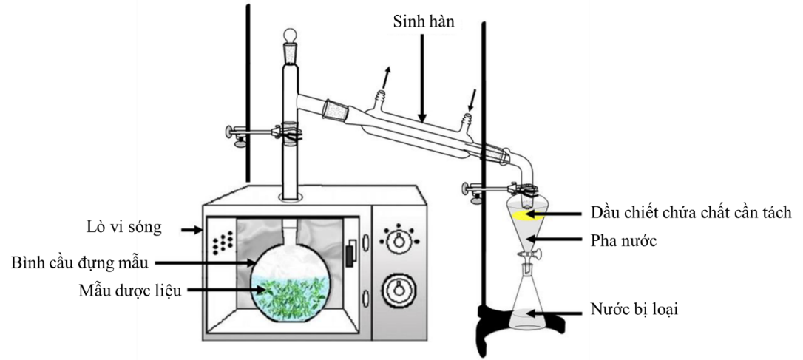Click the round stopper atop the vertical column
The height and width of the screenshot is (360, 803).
tap(291, 36)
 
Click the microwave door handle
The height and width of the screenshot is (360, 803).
tap(348, 251)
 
